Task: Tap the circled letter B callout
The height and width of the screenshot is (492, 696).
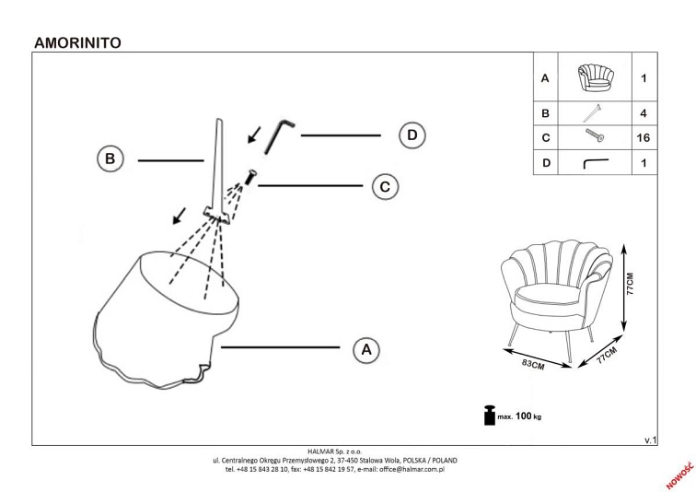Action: click(110, 158)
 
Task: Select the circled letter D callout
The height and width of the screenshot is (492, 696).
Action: click(412, 135)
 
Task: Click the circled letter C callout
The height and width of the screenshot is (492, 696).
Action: click(386, 186)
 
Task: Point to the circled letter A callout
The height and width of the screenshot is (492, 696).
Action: click(365, 349)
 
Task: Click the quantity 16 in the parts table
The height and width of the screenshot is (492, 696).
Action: click(644, 138)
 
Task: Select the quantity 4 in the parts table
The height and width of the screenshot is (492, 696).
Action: click(644, 113)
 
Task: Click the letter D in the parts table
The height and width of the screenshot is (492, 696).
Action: click(546, 164)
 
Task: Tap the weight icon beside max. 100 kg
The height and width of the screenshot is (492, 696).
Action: click(488, 416)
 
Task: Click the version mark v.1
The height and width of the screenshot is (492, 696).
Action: click(650, 440)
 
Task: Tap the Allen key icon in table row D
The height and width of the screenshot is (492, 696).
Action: click(595, 164)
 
